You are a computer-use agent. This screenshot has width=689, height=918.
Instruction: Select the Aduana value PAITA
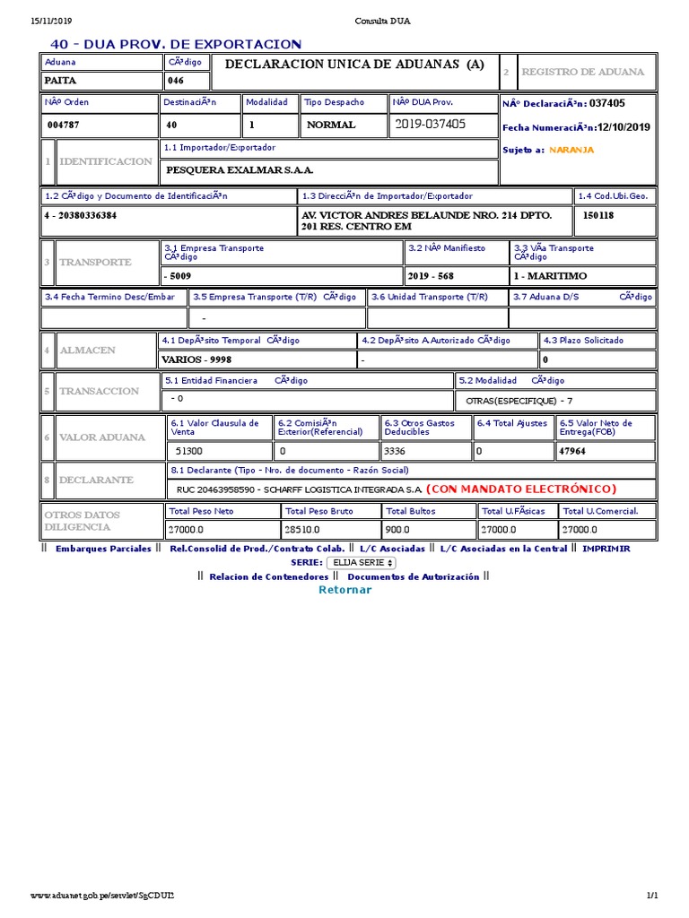(61, 81)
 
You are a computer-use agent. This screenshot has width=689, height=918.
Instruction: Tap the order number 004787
(64, 126)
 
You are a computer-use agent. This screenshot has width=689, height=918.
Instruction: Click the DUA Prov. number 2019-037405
(430, 125)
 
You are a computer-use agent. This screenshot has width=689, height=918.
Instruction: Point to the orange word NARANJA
(571, 150)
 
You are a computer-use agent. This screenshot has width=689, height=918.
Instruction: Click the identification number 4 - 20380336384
(80, 216)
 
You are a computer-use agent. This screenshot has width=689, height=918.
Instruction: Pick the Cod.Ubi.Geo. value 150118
(598, 216)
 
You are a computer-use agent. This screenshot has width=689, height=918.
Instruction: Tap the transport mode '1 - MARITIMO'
(550, 276)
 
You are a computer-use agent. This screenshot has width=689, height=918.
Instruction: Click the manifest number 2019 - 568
(431, 276)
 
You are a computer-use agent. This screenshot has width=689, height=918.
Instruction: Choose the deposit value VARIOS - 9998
(196, 359)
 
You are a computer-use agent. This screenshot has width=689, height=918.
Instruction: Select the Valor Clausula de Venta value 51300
(188, 452)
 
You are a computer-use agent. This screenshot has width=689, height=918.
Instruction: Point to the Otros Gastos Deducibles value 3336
(395, 452)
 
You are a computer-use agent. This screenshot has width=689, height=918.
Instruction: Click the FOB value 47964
(571, 452)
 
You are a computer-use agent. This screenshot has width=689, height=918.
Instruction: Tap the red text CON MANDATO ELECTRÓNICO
(521, 489)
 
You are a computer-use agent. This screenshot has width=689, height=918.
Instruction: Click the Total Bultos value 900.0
(397, 530)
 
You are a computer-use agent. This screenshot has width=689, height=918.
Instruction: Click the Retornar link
(344, 590)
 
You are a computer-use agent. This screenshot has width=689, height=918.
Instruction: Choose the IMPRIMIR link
(606, 549)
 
